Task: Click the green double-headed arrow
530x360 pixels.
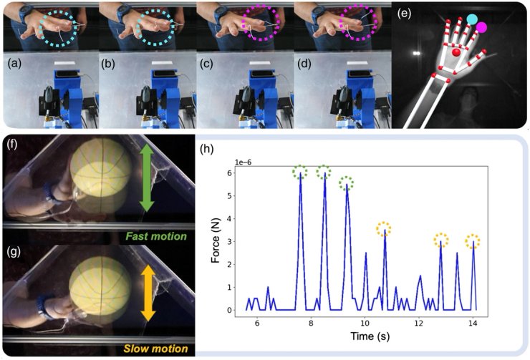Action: click(146, 176)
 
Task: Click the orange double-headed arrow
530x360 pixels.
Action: click(147, 291)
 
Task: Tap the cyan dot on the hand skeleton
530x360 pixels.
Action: click(473, 19)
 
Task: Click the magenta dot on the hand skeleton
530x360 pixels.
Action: click(482, 28)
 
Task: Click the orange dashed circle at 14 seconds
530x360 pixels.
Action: click(473, 241)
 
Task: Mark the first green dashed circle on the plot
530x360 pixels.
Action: click(300, 172)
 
